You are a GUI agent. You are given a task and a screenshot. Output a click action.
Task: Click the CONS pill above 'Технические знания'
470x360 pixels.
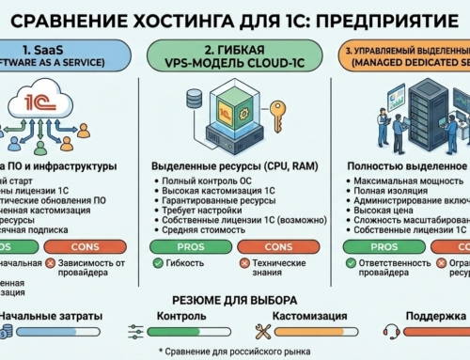click(x=273, y=248)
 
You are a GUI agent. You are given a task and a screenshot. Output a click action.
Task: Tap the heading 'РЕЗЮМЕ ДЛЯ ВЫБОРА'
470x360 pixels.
click(x=235, y=299)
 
